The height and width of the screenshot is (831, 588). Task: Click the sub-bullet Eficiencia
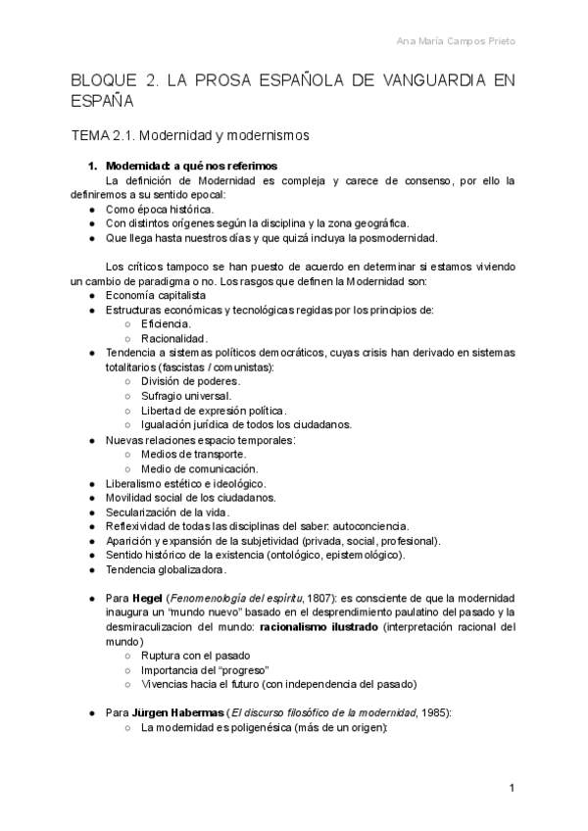click(x=167, y=323)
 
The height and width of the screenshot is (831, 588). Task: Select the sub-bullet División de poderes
click(x=190, y=381)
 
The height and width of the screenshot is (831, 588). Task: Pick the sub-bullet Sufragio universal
click(x=186, y=396)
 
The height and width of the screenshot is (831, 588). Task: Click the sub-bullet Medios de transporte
click(x=193, y=454)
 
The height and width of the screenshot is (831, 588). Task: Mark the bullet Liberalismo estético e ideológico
click(x=185, y=483)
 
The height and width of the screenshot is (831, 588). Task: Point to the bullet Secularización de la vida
click(x=168, y=512)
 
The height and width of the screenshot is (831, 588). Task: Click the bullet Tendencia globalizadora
click(x=166, y=569)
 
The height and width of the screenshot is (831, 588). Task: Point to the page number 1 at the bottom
click(x=512, y=788)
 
